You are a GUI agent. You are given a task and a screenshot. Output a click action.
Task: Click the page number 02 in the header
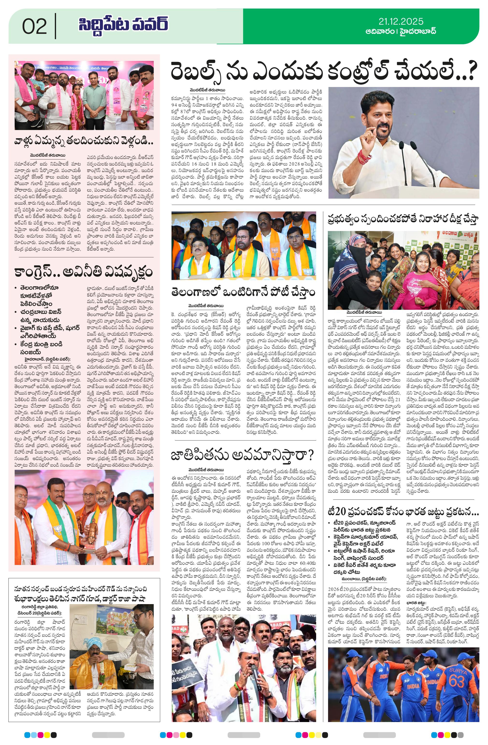(35, 26)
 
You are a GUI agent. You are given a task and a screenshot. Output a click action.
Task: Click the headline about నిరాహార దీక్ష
(403, 219)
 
